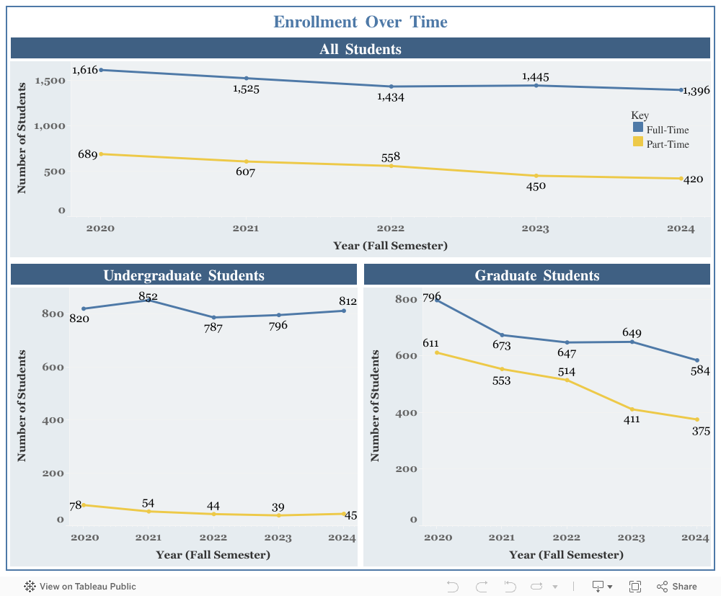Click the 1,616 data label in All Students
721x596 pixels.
85,70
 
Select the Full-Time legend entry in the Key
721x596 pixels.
660,129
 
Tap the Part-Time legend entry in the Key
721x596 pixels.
660,143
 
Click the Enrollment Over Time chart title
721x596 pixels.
360,22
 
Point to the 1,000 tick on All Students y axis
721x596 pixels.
50,126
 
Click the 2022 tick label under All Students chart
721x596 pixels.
390,228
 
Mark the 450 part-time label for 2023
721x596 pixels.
536,186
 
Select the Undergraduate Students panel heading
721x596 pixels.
184,275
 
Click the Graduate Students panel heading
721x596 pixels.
537,275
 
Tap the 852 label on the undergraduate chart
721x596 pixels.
148,296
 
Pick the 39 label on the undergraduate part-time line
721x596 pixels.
278,507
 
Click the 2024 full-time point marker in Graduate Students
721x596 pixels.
697,361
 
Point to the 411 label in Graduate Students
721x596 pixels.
632,419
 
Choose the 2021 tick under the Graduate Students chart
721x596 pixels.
501,537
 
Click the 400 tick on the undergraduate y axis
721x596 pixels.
53,420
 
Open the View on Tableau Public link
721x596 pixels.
80,587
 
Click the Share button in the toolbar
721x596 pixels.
676,587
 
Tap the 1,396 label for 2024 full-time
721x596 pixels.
696,91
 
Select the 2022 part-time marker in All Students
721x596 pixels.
392,166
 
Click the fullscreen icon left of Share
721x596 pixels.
635,587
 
